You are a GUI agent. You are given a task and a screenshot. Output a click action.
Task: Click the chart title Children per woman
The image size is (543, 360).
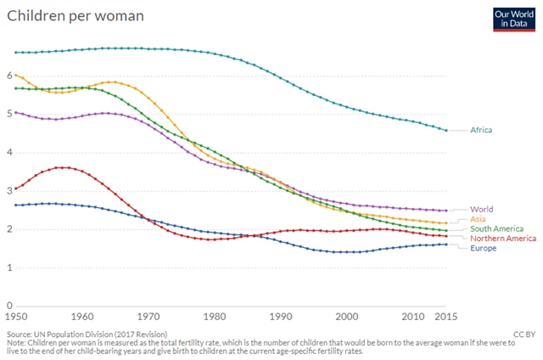pos(76,15)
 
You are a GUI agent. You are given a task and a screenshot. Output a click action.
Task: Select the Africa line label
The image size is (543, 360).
pos(480,130)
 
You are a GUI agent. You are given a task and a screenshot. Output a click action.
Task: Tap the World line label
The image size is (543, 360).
pos(481,209)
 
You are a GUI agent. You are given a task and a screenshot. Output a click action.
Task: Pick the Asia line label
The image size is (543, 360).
pos(478,219)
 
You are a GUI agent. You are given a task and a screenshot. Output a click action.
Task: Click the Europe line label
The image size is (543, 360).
pos(483,248)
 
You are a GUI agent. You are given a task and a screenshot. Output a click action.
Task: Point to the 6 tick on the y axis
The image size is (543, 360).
pos(9,76)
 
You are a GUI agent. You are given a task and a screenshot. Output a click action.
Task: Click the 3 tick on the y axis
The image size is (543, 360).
pos(9,191)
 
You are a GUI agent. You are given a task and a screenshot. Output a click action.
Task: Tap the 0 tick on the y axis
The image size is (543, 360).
pos(9,306)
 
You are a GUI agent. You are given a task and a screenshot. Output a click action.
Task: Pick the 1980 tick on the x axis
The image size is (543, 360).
pos(216,317)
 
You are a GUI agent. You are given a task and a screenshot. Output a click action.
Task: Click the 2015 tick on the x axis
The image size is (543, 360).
pos(448,317)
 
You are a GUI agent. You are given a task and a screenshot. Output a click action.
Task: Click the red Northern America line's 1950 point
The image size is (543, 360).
pos(16,188)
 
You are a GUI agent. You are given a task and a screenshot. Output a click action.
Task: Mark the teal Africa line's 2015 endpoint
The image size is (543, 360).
pos(448,130)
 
